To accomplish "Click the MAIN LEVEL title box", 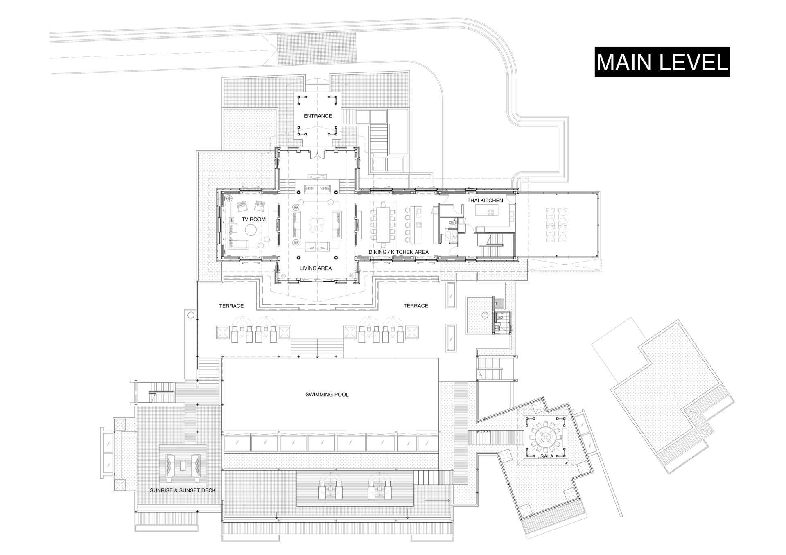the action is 662,62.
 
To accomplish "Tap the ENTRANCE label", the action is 318,116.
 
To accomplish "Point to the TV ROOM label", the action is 253,219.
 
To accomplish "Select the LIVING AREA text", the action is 315,268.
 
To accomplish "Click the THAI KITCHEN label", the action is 485,201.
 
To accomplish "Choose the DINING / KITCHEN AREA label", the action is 399,252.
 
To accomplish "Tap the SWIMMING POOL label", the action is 327,395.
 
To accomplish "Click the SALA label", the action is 547,456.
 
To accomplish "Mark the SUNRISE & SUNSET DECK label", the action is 183,490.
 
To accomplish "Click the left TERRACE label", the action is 231,306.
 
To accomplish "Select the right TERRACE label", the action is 416,306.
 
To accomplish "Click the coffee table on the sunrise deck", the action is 183,465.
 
